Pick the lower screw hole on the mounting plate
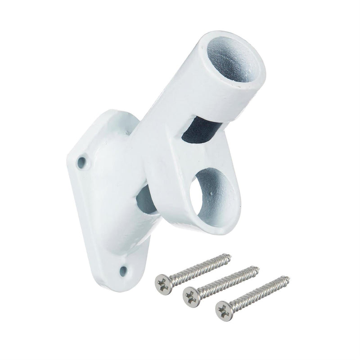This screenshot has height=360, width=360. [x=122, y=270]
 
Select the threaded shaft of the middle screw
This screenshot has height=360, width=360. [x=225, y=280]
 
